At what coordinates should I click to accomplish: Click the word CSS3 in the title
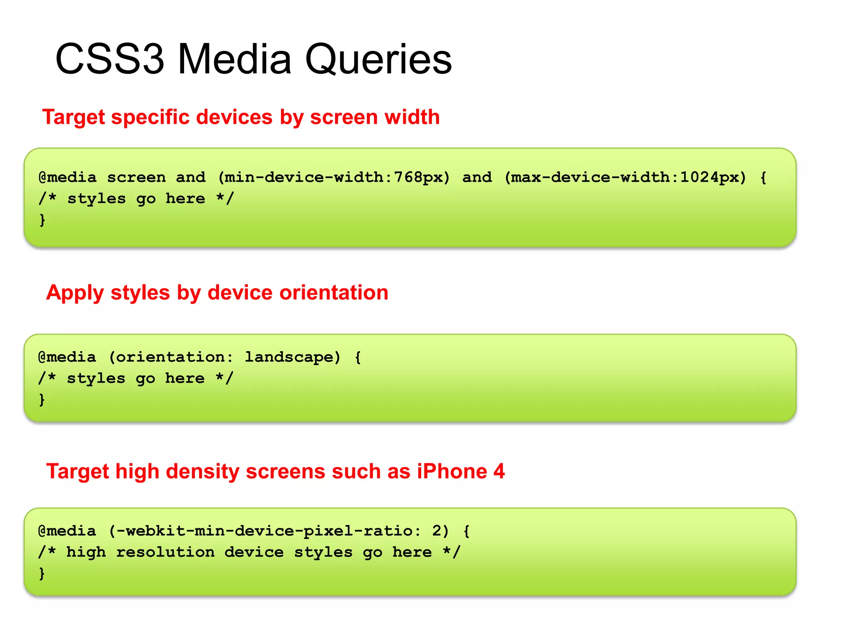click(x=110, y=59)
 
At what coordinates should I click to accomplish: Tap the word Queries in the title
click(x=378, y=59)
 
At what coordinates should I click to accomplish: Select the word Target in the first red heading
click(x=73, y=117)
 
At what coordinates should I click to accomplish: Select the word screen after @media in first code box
click(x=136, y=178)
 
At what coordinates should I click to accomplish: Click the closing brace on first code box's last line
click(x=42, y=219)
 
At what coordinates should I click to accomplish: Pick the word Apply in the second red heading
click(x=75, y=293)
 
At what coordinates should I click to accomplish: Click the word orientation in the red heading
click(x=334, y=293)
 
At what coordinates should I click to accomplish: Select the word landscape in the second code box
click(x=289, y=357)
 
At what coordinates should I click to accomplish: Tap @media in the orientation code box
click(x=67, y=357)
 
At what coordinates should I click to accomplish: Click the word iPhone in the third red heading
click(x=452, y=471)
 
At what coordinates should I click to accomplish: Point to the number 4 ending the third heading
click(x=499, y=471)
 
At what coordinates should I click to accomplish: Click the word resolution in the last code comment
click(x=165, y=552)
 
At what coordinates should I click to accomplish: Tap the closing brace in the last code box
click(x=42, y=573)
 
